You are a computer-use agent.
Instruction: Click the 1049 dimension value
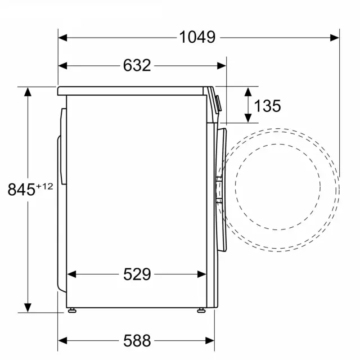[197, 37]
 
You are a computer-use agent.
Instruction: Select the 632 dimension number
[137, 65]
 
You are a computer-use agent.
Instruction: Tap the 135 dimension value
[268, 106]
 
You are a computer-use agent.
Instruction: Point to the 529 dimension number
[137, 274]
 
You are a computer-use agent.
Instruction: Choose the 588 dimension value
[137, 340]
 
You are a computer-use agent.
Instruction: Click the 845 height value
[21, 190]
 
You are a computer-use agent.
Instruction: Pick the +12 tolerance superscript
[44, 186]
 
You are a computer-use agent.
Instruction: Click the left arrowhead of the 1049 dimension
[62, 38]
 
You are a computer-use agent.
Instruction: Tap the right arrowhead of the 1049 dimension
[335, 38]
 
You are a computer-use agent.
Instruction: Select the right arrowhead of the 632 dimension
[221, 66]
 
